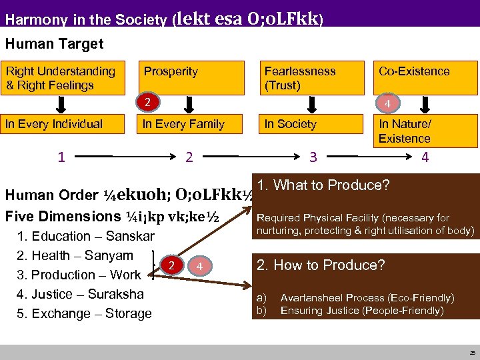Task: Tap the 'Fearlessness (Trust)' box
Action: coord(309,78)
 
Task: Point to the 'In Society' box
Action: coord(309,123)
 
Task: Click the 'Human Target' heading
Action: coord(54,44)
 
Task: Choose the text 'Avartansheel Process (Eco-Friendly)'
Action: coord(367,298)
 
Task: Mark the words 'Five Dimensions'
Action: coord(52,217)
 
